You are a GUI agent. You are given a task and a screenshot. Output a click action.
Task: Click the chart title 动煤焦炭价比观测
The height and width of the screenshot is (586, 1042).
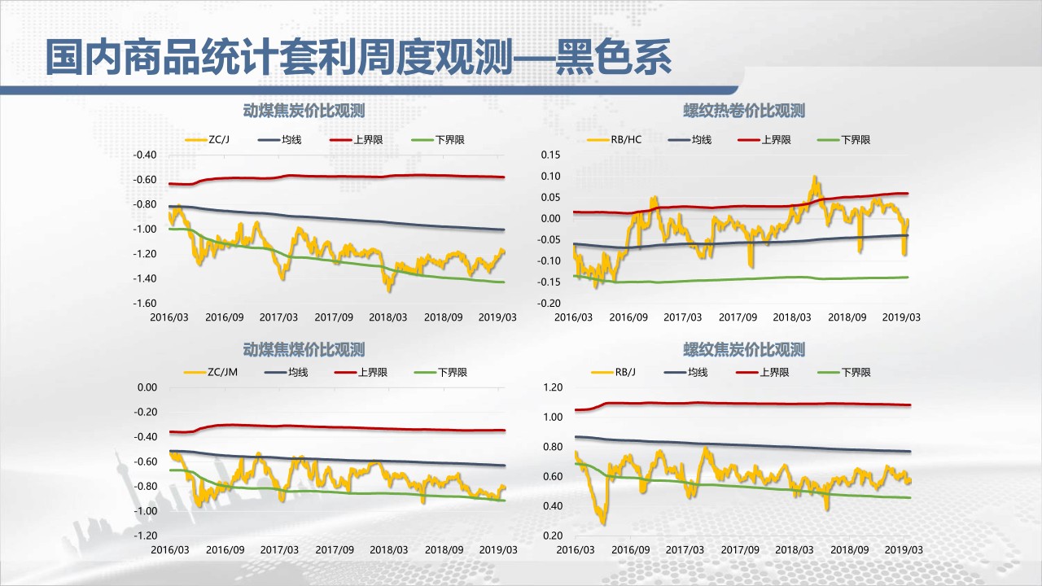304,111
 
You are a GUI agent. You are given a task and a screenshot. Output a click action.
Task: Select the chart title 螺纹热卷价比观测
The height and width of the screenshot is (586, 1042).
744,111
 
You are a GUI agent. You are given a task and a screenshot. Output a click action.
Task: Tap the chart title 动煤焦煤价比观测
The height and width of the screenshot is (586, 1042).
304,350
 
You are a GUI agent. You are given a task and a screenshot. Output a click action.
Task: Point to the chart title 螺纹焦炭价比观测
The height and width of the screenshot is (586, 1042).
744,350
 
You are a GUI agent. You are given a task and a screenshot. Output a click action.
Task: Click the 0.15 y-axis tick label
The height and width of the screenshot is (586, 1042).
551,155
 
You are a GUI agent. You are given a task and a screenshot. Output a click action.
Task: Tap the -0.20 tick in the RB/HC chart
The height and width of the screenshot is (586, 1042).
549,304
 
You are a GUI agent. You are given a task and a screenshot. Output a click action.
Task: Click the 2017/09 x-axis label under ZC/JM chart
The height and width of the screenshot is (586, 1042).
334,550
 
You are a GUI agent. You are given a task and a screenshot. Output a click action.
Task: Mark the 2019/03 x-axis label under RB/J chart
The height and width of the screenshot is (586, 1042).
902,550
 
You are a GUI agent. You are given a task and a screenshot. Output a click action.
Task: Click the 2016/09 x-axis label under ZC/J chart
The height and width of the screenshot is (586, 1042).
224,317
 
